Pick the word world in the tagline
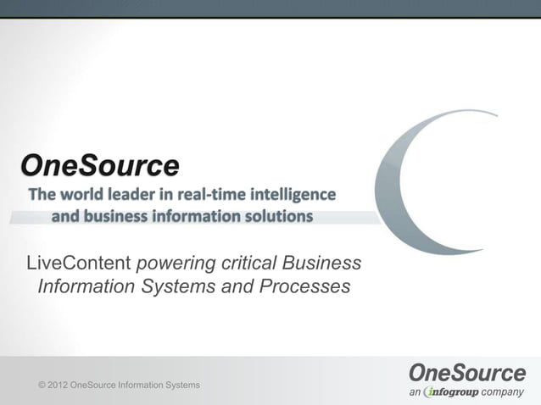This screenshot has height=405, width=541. pyautogui.click(x=85, y=195)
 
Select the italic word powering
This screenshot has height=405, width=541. pyautogui.click(x=176, y=263)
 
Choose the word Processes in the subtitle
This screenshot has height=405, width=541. pyautogui.click(x=301, y=287)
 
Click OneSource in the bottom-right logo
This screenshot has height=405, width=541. pyautogui.click(x=467, y=372)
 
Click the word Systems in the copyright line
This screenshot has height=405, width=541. pyautogui.click(x=183, y=386)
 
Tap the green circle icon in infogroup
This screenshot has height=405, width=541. pyautogui.click(x=430, y=391)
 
